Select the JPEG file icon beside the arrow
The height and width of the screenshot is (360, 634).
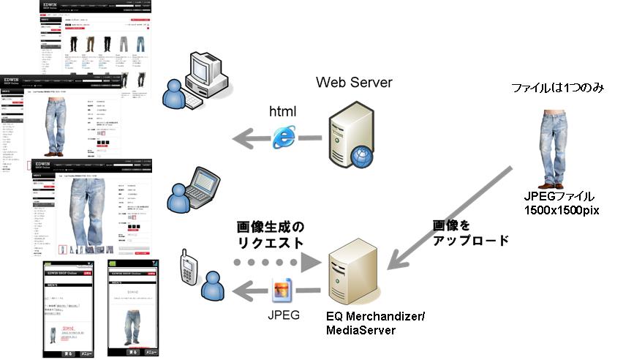(282, 291)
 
